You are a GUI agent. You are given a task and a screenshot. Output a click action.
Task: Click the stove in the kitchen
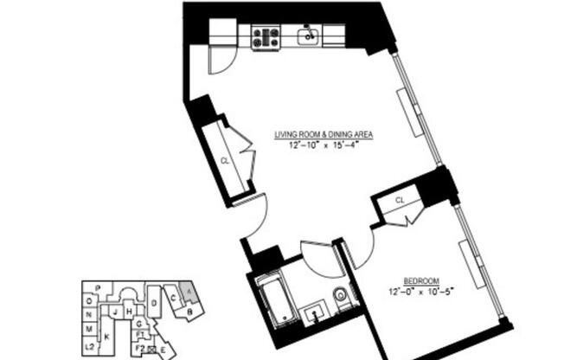click(266, 36)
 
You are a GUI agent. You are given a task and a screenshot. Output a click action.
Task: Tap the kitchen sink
click(308, 35)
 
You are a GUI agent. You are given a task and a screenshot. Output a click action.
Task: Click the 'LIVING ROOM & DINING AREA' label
click(324, 135)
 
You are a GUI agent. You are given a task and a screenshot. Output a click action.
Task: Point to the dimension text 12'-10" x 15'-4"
click(324, 145)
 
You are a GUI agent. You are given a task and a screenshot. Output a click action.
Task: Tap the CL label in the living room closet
click(224, 160)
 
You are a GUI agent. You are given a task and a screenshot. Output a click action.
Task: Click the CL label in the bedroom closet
click(400, 200)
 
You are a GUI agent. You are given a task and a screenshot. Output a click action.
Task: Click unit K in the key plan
click(106, 334)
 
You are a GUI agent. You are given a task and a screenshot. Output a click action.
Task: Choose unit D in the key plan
click(153, 304)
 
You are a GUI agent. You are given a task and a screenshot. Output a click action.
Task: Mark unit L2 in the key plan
click(89, 345)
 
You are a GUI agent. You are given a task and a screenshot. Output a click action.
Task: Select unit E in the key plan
click(163, 349)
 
